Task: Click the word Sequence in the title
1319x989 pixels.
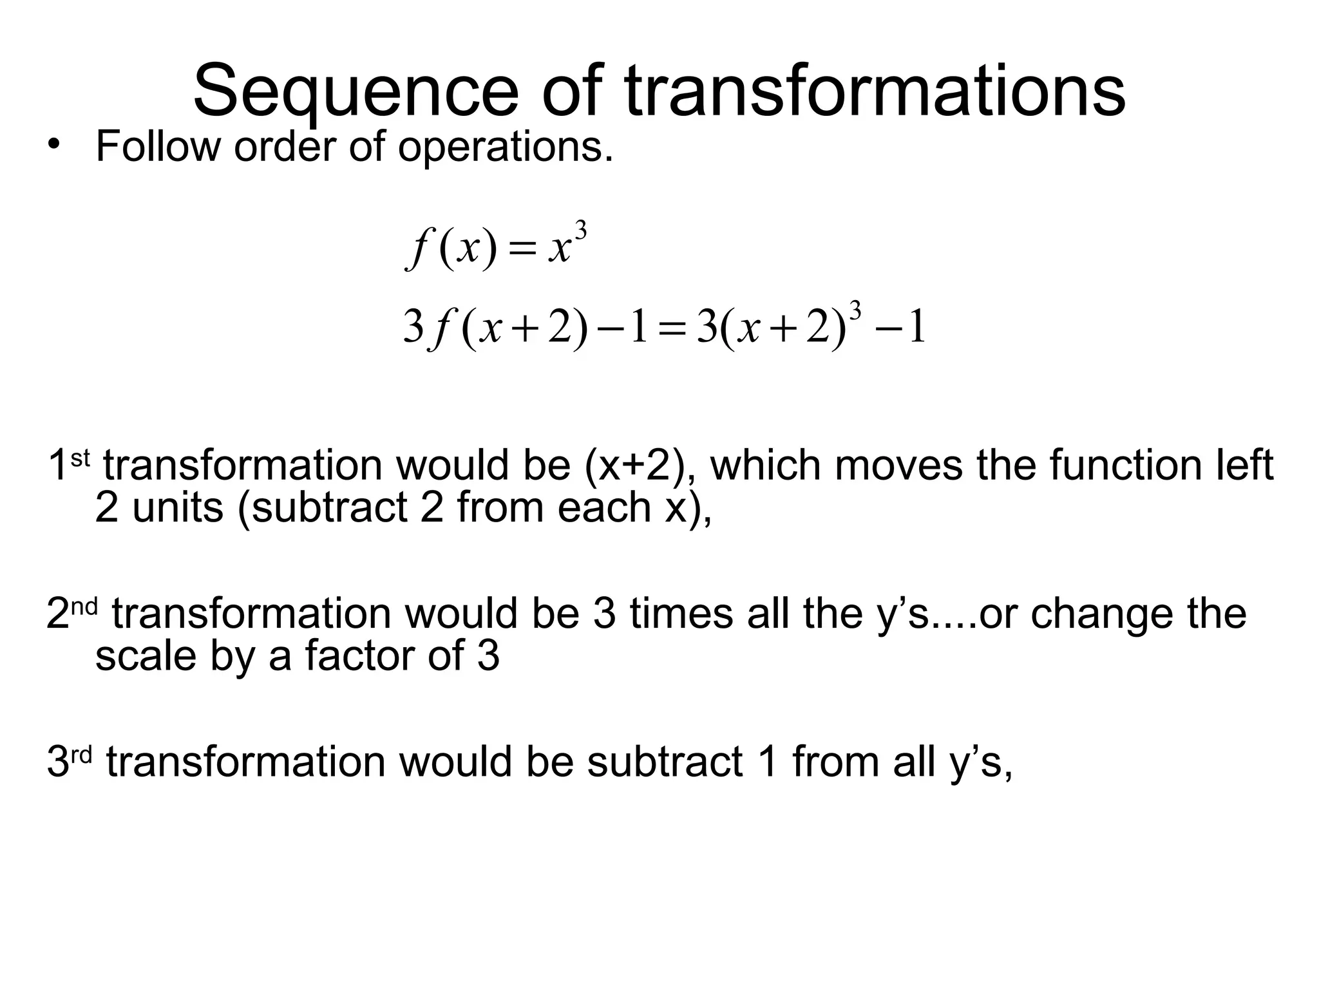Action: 355,91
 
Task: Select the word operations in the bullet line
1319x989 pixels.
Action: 505,148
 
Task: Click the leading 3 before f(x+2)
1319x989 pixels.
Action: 413,326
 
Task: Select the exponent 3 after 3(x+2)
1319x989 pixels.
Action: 856,311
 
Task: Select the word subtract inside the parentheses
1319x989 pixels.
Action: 329,507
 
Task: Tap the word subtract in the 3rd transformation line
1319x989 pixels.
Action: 665,762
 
